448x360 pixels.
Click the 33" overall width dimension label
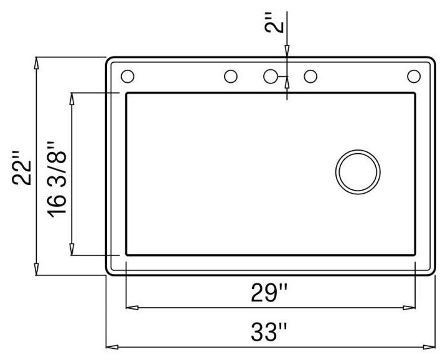269,332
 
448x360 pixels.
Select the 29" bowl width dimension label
269,292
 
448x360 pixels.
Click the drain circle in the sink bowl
358,172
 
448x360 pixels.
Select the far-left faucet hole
128,77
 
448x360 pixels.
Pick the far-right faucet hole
414,77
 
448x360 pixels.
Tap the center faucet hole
270,77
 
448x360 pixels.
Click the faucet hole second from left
231,77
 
